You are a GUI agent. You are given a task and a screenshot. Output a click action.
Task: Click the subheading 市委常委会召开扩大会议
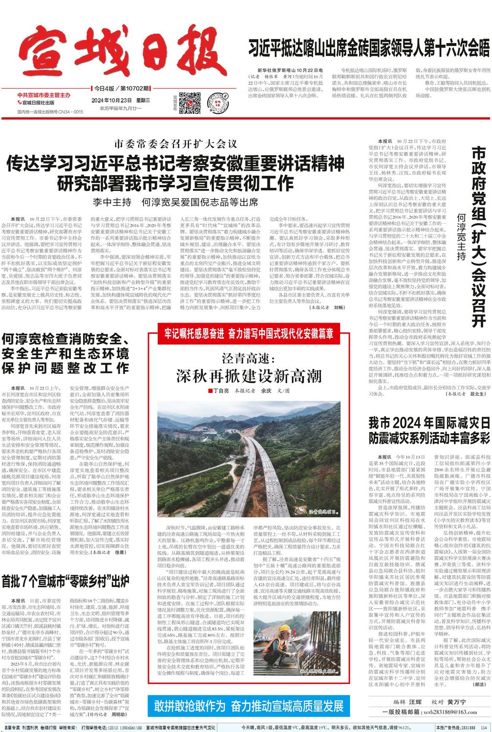click(175, 144)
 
